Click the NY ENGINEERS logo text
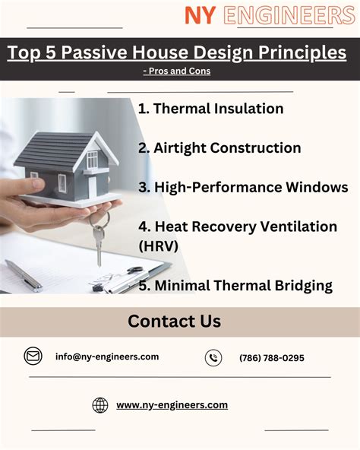click(270, 14)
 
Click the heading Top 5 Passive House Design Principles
click(177, 53)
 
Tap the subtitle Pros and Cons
click(177, 71)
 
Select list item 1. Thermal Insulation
click(210, 109)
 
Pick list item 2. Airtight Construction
click(219, 148)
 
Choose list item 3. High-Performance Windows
click(243, 187)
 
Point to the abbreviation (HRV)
click(156, 246)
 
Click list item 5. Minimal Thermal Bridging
click(235, 286)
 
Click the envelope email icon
click(33, 356)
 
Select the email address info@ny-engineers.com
click(107, 357)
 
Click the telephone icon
click(213, 357)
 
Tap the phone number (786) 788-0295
click(271, 357)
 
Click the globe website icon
click(100, 405)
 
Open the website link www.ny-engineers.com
click(172, 405)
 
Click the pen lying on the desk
click(23, 274)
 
